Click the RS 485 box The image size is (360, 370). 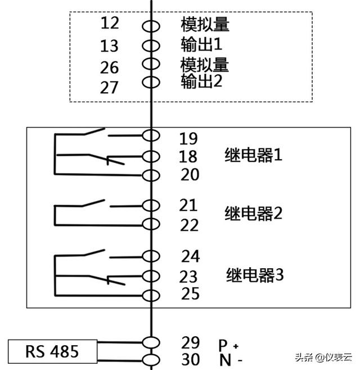52,352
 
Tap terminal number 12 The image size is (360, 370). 110,24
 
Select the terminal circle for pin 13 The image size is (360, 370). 151,45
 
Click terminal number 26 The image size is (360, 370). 110,67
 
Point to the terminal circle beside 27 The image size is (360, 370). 151,82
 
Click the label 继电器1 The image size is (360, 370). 253,156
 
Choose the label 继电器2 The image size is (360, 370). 253,214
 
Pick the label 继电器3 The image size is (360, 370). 255,276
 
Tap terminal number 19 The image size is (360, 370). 190,138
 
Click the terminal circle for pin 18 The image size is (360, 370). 151,156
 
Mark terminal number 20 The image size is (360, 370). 190,175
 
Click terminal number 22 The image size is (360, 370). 190,225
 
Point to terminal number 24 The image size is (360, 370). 190,256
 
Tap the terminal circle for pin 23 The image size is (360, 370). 151,276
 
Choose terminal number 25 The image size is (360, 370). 190,294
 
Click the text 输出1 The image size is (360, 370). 202,44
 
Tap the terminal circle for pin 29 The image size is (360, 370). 151,342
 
